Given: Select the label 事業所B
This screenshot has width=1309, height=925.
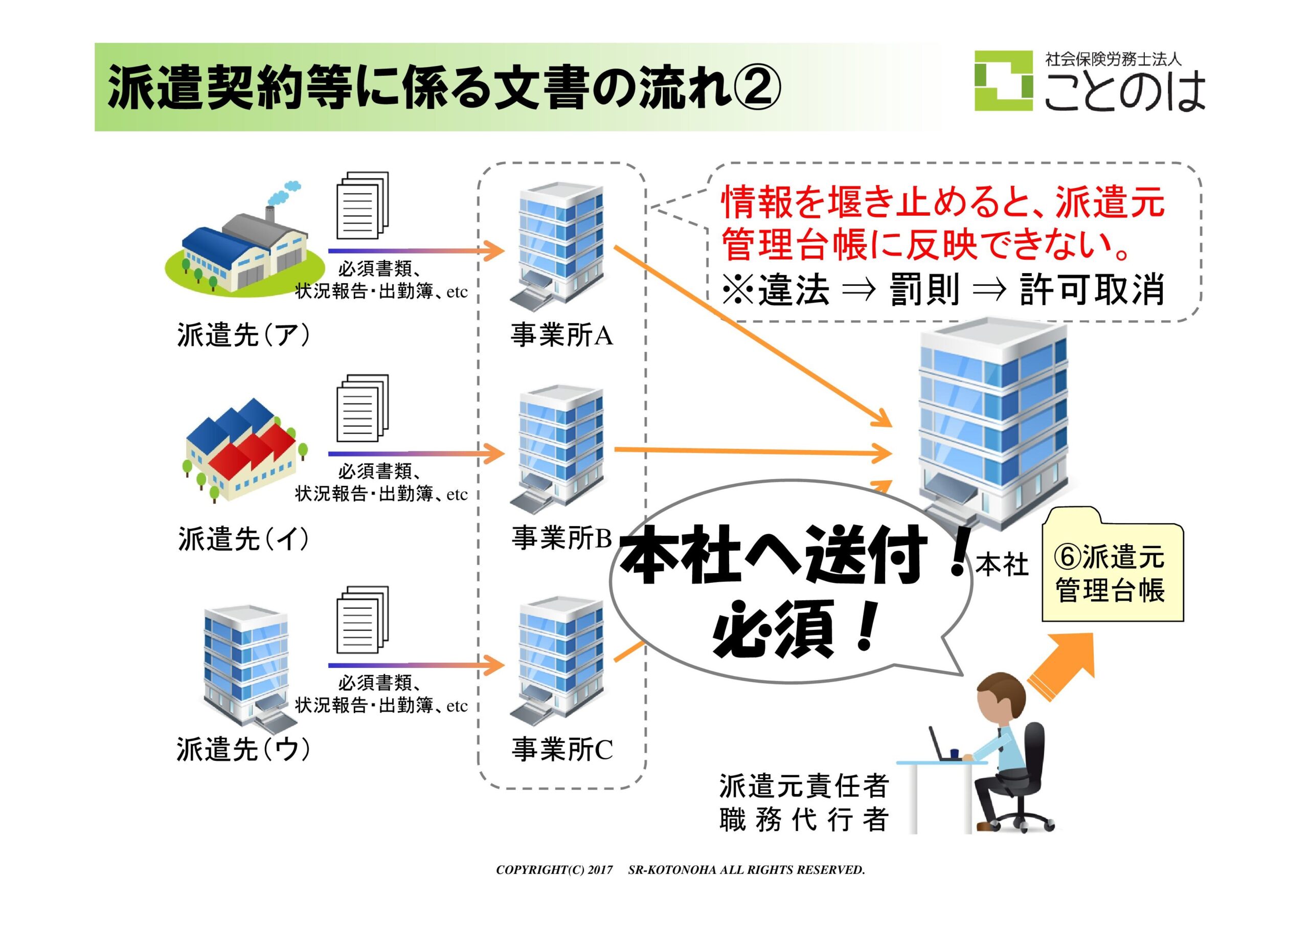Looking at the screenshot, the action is (x=561, y=537).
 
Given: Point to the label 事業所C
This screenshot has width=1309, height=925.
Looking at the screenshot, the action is (x=561, y=749).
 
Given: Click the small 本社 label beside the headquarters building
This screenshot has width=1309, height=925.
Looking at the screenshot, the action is (x=1002, y=565).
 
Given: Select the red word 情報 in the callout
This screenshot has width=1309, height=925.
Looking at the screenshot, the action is (x=758, y=202).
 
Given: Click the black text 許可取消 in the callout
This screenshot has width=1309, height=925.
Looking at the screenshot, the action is (x=1092, y=290).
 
